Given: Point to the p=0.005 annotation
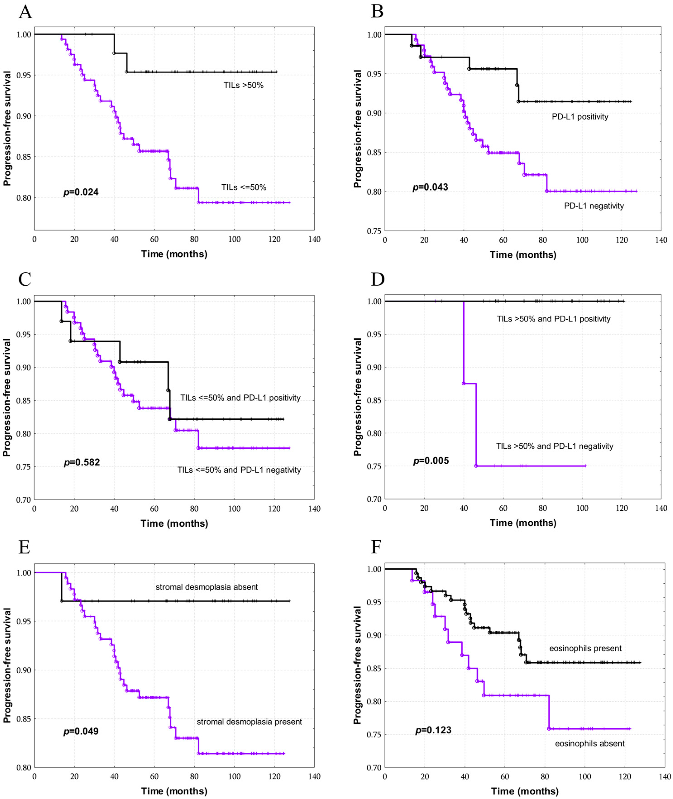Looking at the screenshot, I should coord(431,461).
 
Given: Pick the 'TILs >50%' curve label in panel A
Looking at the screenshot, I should coord(243,86).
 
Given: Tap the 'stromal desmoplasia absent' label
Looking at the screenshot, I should coord(206,587).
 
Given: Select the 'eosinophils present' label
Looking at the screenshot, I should coord(585,648).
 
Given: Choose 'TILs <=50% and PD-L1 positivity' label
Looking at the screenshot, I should coord(240,398).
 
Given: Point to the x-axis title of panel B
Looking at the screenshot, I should coord(523,255).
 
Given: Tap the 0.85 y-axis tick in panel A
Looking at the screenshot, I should coord(24,157).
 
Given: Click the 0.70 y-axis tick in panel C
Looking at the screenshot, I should coord(24,499).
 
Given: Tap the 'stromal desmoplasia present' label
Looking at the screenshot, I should coord(249,722).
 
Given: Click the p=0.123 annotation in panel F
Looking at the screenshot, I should coord(433,730).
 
